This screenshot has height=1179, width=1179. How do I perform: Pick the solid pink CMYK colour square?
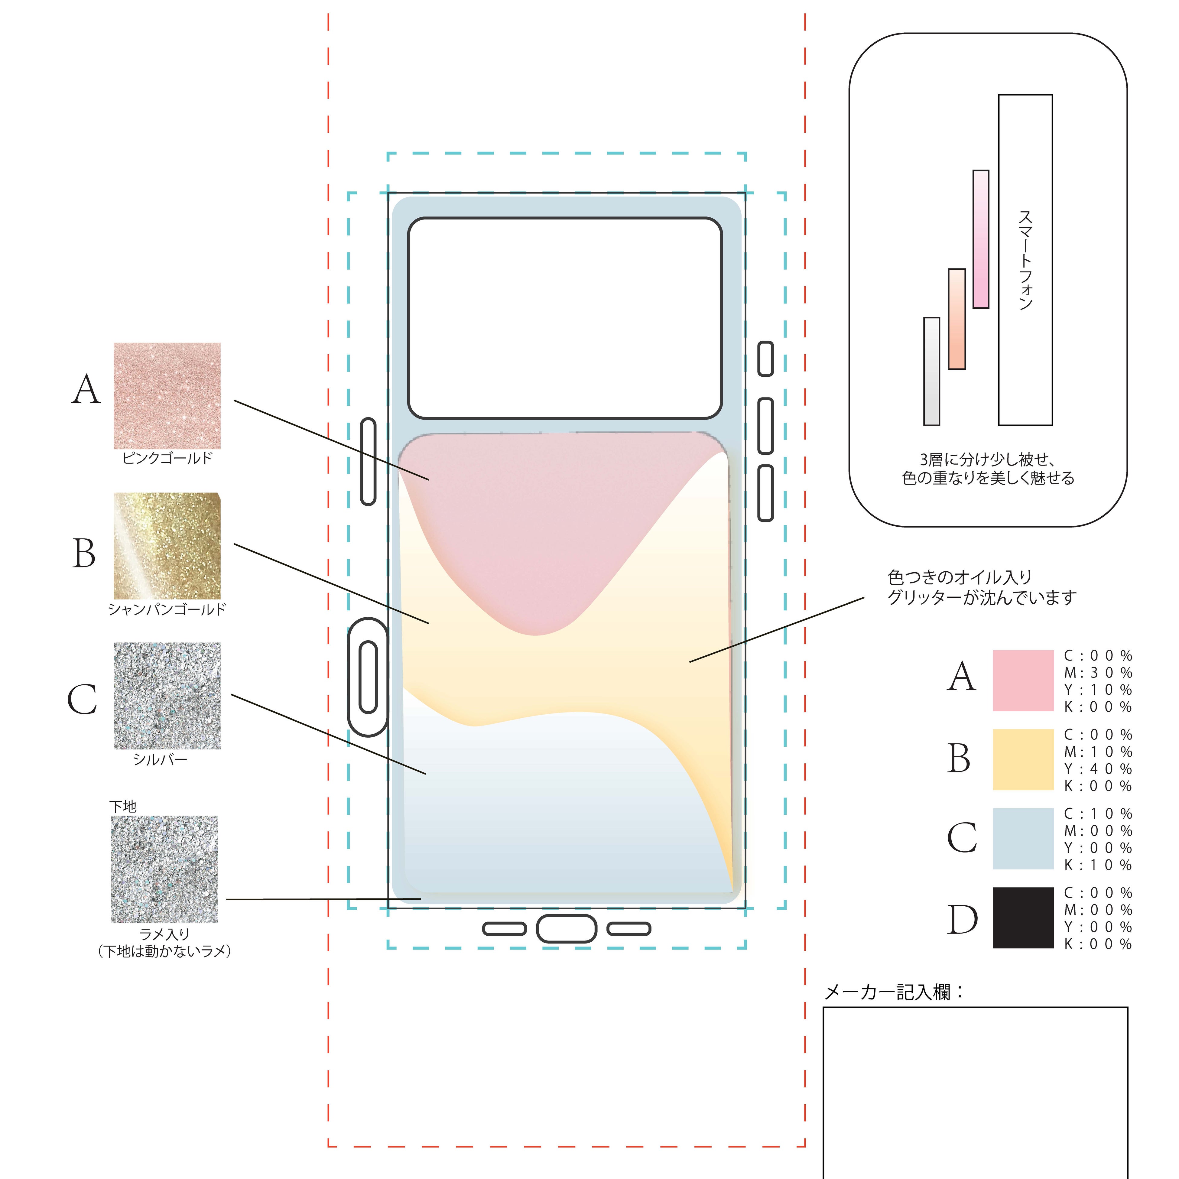(1023, 680)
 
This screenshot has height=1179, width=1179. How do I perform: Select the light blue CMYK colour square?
(1023, 839)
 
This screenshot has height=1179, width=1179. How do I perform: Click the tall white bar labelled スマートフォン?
(1025, 259)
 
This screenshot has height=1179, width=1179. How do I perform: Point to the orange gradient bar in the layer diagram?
(956, 319)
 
